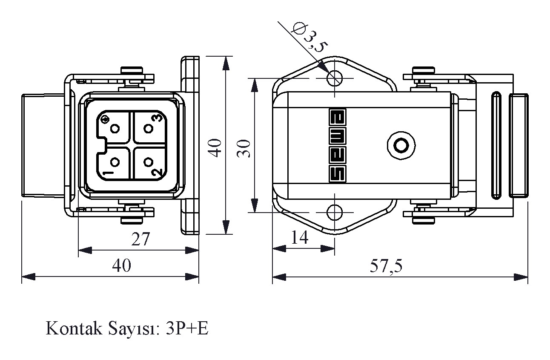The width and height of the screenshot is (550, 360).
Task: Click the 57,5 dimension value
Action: pyautogui.click(x=386, y=266)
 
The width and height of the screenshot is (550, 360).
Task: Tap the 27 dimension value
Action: pyautogui.click(x=140, y=239)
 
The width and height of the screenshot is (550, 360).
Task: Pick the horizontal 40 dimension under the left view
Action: pyautogui.click(x=121, y=266)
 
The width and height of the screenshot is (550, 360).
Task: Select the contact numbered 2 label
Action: pyautogui.click(x=157, y=172)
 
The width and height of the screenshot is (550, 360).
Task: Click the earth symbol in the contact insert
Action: pyautogui.click(x=105, y=118)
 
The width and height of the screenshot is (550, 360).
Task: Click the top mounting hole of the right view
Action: pyautogui.click(x=335, y=78)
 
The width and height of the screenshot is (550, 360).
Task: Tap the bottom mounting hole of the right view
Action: pyautogui.click(x=335, y=212)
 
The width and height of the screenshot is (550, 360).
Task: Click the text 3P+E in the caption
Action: pyautogui.click(x=187, y=328)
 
